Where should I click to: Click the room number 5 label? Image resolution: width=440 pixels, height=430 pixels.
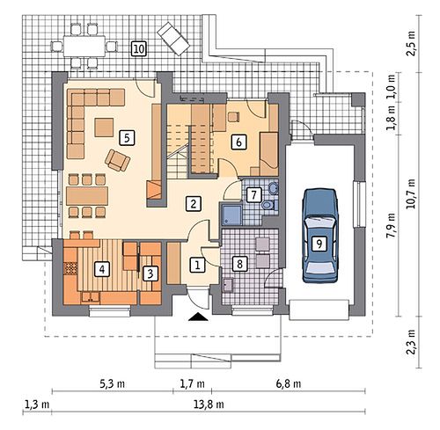coord(127,138)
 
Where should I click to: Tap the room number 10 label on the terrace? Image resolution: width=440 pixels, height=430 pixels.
coord(138,48)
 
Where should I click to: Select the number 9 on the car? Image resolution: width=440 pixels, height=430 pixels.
coord(319,244)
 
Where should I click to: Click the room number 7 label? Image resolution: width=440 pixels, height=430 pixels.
coord(254,194)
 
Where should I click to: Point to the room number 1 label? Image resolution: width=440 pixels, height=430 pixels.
coord(197,265)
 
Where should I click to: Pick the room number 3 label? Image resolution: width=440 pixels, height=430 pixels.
coord(150,273)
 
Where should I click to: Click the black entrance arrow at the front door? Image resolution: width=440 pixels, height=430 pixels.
coord(198,317)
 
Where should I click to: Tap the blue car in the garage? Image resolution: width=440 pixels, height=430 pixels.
coord(320,236)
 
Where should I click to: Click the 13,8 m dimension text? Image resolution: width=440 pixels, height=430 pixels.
coord(209,404)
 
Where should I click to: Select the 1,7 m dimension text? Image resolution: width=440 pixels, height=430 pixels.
coord(192,383)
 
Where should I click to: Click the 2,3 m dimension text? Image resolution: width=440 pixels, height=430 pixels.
coord(411,342)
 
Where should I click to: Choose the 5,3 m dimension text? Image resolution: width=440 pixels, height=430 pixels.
coord(112,383)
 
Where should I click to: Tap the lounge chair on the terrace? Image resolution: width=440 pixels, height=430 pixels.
coord(173,38)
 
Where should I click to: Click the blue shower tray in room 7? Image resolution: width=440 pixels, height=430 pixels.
coord(231,215)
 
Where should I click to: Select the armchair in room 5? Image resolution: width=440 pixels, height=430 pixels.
coord(118,160)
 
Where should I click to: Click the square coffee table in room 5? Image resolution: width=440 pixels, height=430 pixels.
coord(104,128)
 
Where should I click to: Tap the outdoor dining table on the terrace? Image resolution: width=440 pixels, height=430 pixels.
coord(84,46)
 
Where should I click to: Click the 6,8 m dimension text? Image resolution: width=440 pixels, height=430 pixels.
coord(289,383)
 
